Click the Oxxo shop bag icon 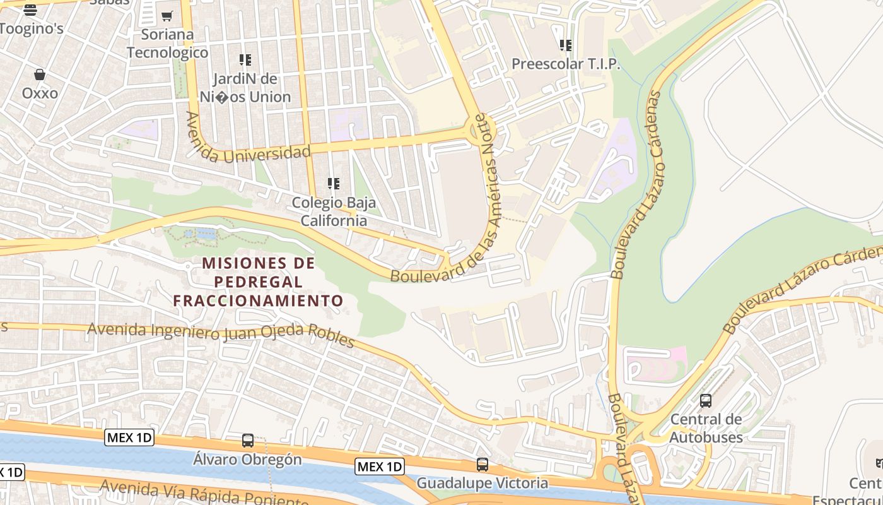(40, 75)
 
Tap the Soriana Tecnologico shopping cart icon (167, 16)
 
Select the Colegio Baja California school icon (334, 184)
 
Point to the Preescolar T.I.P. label (566, 64)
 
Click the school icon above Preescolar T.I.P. (566, 45)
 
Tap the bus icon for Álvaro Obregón (248, 441)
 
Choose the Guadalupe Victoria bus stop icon (482, 465)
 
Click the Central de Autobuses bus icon (706, 401)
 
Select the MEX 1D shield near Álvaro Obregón (129, 437)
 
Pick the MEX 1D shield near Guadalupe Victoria (379, 466)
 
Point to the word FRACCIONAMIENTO (258, 300)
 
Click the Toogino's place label (32, 28)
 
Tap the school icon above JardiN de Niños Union (245, 60)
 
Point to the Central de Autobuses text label (706, 428)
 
